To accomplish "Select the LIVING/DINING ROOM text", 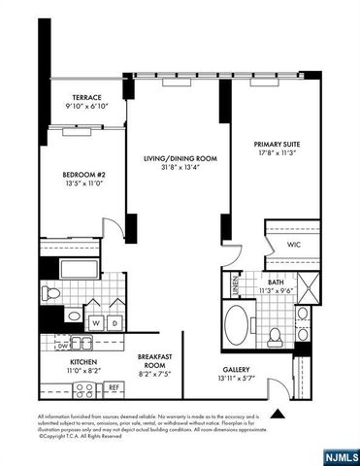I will pyautogui.click(x=180, y=157).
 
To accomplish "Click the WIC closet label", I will pyautogui.click(x=294, y=246).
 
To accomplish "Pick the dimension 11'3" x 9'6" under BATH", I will pyautogui.click(x=282, y=289).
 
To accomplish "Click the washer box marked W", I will pyautogui.click(x=96, y=322).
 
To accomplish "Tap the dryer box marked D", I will pyautogui.click(x=115, y=322).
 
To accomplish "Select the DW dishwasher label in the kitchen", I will pyautogui.click(x=62, y=344).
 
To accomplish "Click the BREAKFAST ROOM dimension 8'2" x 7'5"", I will pyautogui.click(x=154, y=373).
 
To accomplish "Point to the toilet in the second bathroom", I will pyautogui.click(x=54, y=292).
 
